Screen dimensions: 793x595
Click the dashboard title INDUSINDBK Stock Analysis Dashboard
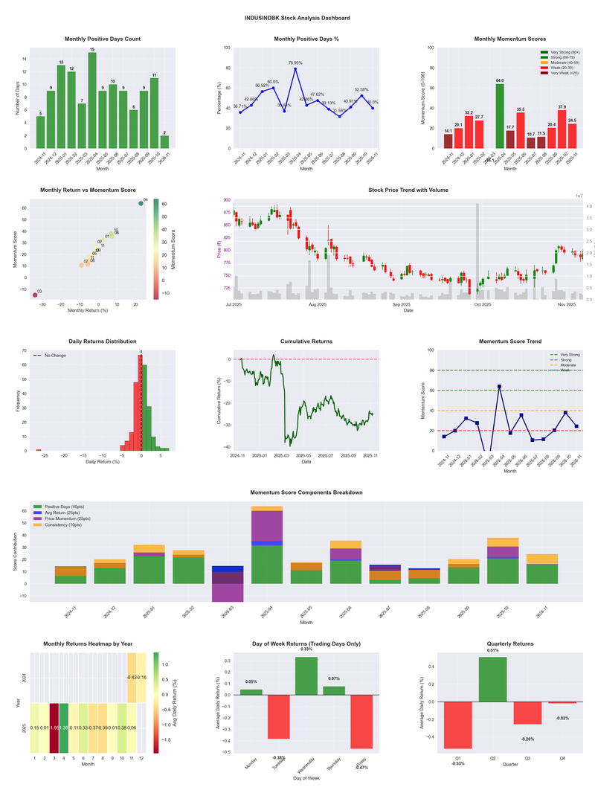297,18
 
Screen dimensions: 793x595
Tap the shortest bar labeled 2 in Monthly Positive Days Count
164,141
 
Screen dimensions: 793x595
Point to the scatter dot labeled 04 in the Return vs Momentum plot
141,203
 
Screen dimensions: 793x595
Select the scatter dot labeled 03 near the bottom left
34,295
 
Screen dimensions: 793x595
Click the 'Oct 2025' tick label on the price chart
483,304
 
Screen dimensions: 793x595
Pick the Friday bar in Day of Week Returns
362,722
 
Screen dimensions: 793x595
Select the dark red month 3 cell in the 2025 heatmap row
54,728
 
